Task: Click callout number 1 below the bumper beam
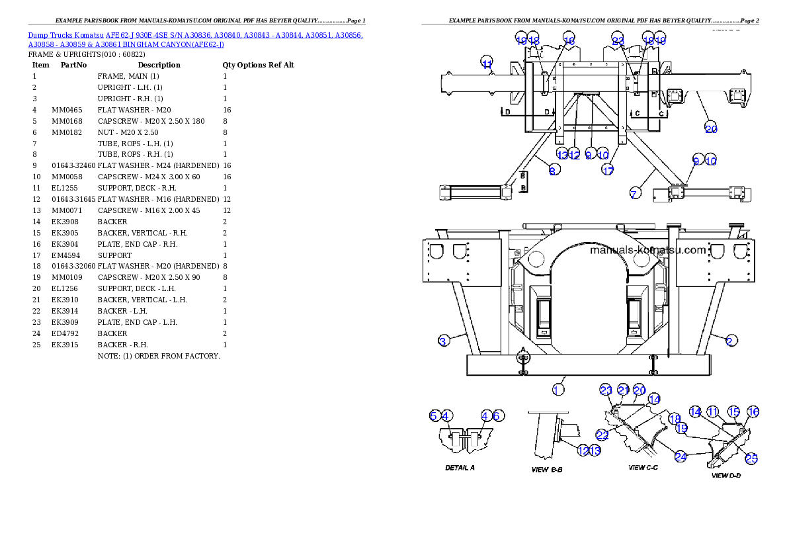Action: click(558, 390)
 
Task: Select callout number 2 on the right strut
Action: click(730, 341)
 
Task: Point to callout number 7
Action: click(634, 194)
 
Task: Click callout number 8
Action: click(554, 170)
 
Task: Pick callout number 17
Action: click(608, 170)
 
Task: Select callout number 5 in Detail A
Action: click(435, 415)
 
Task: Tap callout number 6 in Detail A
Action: click(498, 415)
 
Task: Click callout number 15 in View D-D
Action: click(733, 412)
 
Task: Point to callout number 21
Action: click(623, 390)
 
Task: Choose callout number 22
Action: click(602, 435)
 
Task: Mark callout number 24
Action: click(681, 456)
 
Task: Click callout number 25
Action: click(751, 458)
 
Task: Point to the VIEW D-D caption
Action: click(725, 475)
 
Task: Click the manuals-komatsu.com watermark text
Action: click(647, 250)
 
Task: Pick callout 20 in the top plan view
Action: click(711, 128)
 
